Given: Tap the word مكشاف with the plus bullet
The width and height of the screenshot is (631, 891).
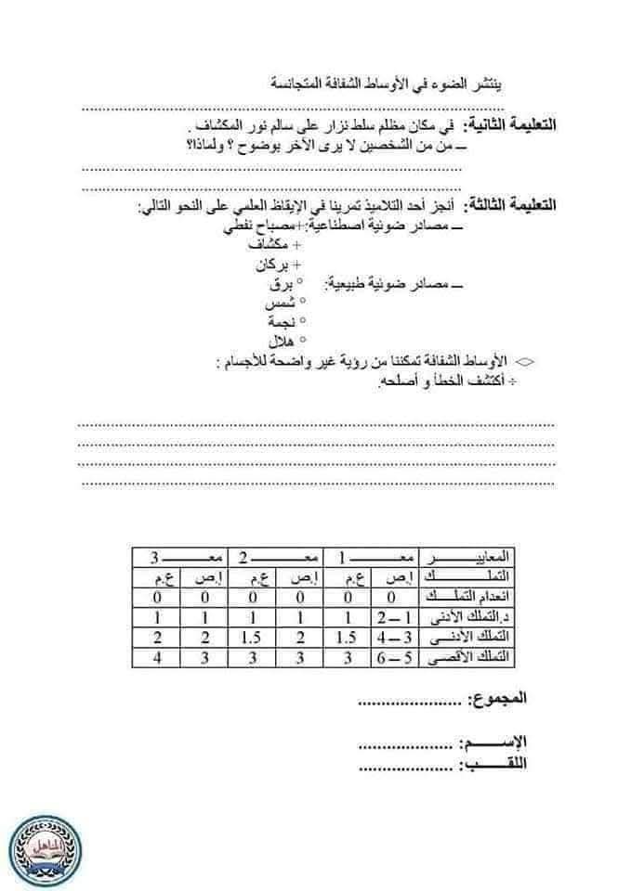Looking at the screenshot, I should (272, 245).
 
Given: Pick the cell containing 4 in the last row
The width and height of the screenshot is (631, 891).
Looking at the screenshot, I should (158, 659).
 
